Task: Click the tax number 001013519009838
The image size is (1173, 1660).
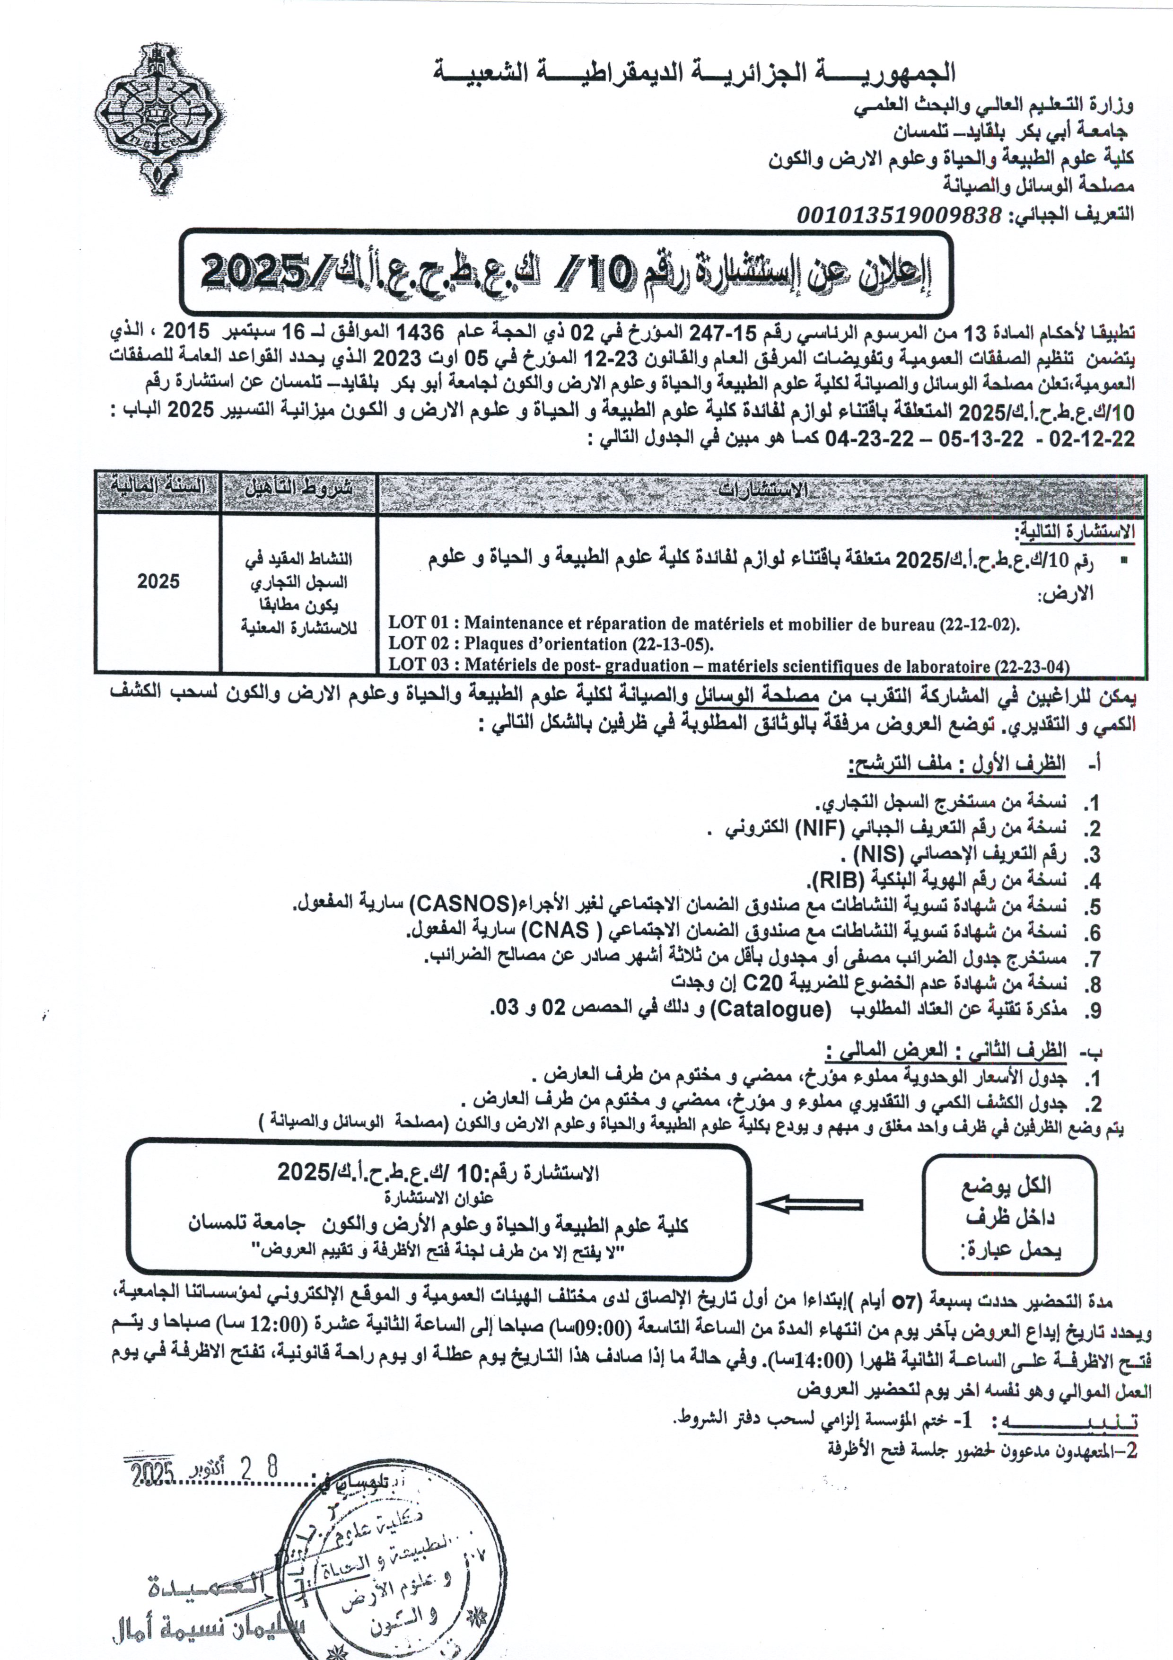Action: [899, 215]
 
